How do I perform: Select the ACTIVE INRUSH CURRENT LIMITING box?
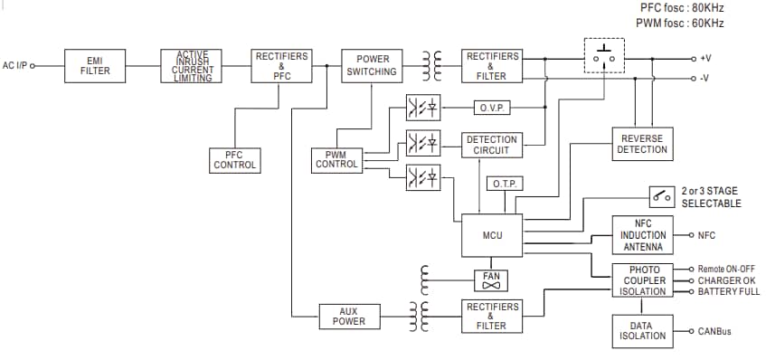click(x=193, y=66)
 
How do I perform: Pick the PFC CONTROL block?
click(x=235, y=160)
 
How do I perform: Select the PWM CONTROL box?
click(x=336, y=160)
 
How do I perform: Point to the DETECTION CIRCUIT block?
click(x=492, y=145)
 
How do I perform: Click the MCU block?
click(x=492, y=235)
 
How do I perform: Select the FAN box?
click(x=492, y=280)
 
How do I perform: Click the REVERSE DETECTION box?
click(x=642, y=144)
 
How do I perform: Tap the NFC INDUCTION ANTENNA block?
click(x=643, y=235)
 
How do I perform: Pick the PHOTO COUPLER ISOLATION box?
click(x=643, y=280)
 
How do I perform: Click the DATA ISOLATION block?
click(x=643, y=330)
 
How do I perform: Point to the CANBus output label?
click(x=714, y=331)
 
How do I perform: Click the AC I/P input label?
click(x=16, y=66)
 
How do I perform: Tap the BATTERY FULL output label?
click(x=729, y=291)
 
